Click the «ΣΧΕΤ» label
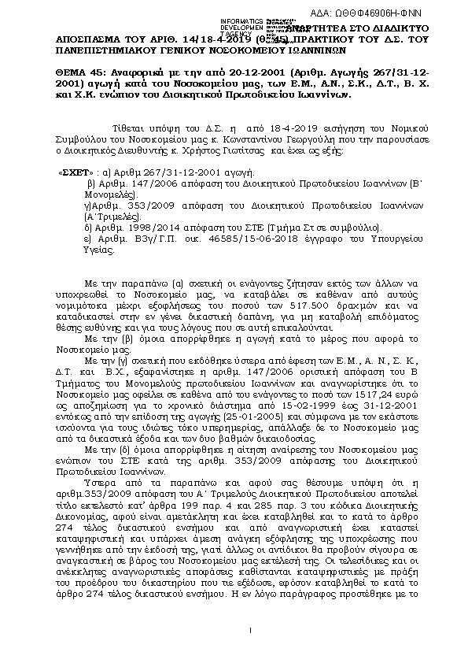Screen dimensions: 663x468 pyautogui.click(x=74, y=171)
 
